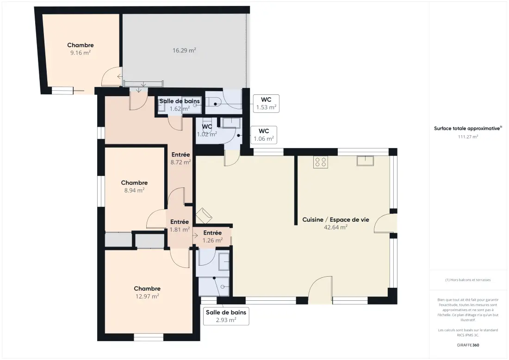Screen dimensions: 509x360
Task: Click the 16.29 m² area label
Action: pos(184,50)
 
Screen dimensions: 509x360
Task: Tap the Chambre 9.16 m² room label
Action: pos(81,49)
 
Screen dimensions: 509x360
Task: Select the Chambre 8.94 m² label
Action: pos(134,186)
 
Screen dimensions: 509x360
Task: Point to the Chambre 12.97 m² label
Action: pos(147,292)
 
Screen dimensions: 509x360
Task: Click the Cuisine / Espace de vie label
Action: pos(335,220)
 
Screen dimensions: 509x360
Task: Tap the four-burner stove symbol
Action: pos(321,161)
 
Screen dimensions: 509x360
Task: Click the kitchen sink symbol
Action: pos(365,161)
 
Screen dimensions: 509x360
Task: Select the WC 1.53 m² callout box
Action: pos(266,104)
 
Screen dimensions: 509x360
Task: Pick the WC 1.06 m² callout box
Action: pos(264,135)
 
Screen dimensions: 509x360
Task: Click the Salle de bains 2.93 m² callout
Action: pos(226,316)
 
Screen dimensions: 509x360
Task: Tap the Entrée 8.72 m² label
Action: pos(180,158)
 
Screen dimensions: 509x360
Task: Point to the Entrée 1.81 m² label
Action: pos(180,226)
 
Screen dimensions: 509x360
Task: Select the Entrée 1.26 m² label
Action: pos(213,236)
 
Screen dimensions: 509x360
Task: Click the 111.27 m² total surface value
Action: pos(468,137)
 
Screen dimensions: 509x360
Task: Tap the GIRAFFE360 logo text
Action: pos(468,345)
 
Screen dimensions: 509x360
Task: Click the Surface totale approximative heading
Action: pos(468,129)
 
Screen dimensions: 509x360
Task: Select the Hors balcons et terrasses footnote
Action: pos(468,280)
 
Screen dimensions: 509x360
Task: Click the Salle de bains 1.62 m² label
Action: pos(180,105)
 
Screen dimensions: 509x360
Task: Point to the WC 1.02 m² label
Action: pos(207,130)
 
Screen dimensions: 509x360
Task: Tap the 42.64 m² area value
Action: pos(335,227)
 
